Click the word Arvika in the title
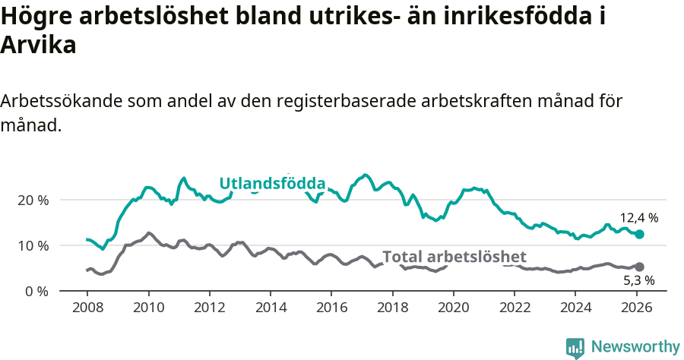click(39, 45)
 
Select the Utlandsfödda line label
click(272, 184)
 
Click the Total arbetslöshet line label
click(454, 257)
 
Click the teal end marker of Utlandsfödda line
click(639, 235)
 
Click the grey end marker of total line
click(639, 267)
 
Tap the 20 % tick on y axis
click(33, 200)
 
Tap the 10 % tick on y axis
click(33, 245)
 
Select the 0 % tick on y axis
click(37, 291)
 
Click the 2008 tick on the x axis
click(87, 308)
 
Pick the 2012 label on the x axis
click(209, 308)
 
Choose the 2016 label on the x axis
click(331, 308)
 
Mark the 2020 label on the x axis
click(453, 308)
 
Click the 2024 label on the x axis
click(575, 308)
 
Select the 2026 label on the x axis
click(636, 308)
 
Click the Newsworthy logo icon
click(575, 347)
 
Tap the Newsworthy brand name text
click(635, 347)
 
